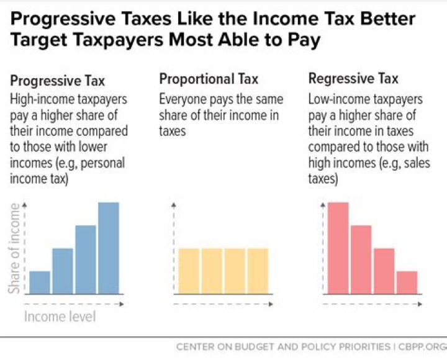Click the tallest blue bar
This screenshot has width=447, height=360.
(x=109, y=248)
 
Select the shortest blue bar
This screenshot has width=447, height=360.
(x=40, y=282)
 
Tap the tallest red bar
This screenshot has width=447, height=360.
(x=338, y=248)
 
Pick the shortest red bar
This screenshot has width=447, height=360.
(x=407, y=282)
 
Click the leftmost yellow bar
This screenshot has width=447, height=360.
(x=189, y=271)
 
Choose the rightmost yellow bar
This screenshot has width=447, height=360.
(x=258, y=271)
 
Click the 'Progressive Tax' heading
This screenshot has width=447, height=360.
(x=58, y=81)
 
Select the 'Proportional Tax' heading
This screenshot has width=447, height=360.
(x=209, y=79)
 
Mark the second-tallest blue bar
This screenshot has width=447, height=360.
(x=86, y=259)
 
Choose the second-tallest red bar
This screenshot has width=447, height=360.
(x=361, y=259)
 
